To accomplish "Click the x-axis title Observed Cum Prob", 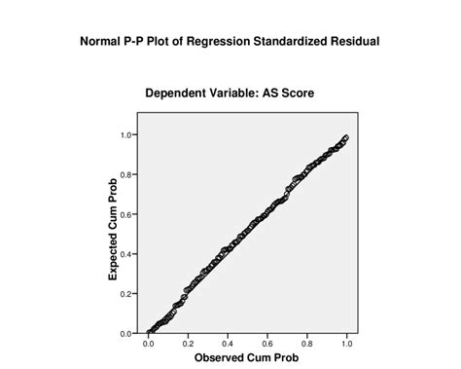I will (x=247, y=357).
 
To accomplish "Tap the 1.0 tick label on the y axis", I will (x=126, y=134).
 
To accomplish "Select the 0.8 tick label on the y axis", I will (x=126, y=174).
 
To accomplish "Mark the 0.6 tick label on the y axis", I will (x=126, y=214).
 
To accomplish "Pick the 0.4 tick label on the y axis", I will (x=126, y=254).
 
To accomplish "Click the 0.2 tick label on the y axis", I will (x=126, y=294).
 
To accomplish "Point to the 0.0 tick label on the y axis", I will (x=126, y=333).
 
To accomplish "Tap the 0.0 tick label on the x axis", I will (x=148, y=343).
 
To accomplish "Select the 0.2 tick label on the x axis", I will (x=188, y=343).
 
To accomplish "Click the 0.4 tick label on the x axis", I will (x=228, y=343).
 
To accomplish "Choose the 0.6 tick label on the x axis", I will (x=267, y=343).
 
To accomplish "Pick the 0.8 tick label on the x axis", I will (x=307, y=343).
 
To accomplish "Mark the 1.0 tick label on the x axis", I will (x=347, y=343).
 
